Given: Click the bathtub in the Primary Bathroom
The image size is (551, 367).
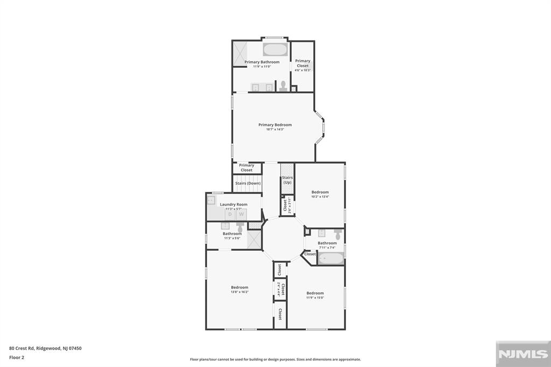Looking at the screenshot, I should [275, 50].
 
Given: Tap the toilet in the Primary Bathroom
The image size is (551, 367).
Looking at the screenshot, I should [283, 86].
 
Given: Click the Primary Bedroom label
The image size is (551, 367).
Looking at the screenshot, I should [275, 125].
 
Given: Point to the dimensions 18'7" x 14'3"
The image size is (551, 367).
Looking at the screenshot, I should [275, 130].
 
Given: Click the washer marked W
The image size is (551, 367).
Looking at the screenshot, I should [241, 214].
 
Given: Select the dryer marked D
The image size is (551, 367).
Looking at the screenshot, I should [230, 214].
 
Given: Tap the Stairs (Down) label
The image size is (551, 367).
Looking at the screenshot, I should [248, 183].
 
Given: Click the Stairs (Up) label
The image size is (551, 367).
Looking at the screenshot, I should [287, 180].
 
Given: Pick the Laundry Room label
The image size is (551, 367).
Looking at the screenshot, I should [234, 204].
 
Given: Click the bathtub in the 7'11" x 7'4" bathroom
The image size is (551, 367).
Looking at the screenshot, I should [330, 259].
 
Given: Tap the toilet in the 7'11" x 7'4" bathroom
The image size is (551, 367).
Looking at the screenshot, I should [338, 235].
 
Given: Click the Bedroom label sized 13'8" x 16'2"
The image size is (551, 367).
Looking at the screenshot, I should [239, 287].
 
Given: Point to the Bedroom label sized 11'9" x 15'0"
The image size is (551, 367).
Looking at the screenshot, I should [315, 293].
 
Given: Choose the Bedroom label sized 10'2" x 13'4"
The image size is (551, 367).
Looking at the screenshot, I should [320, 192].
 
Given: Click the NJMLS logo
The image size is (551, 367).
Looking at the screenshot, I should [522, 354].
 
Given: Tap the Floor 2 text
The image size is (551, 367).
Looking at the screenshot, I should [17, 357].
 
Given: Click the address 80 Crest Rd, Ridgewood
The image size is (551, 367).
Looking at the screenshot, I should [45, 348].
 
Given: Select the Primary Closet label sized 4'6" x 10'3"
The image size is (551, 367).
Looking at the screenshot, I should [302, 63].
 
